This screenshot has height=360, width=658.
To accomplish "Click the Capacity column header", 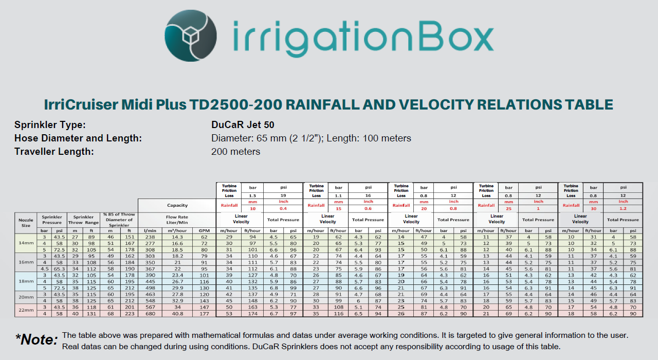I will coord(177,205).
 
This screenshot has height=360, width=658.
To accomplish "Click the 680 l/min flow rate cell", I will coord(150,314).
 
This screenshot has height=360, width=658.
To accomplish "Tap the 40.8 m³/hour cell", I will coord(177,314).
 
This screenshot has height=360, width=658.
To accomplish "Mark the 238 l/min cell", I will coord(150,237).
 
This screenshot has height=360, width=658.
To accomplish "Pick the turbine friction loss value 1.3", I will coord(252,195).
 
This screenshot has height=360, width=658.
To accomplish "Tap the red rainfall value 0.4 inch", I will coord(283,209).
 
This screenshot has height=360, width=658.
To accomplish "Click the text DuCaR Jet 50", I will coord(243,125).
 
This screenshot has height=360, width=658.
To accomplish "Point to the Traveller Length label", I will coord(54,152).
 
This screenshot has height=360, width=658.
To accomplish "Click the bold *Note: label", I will coord(36,339).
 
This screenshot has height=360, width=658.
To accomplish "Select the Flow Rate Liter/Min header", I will coord(177,220).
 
